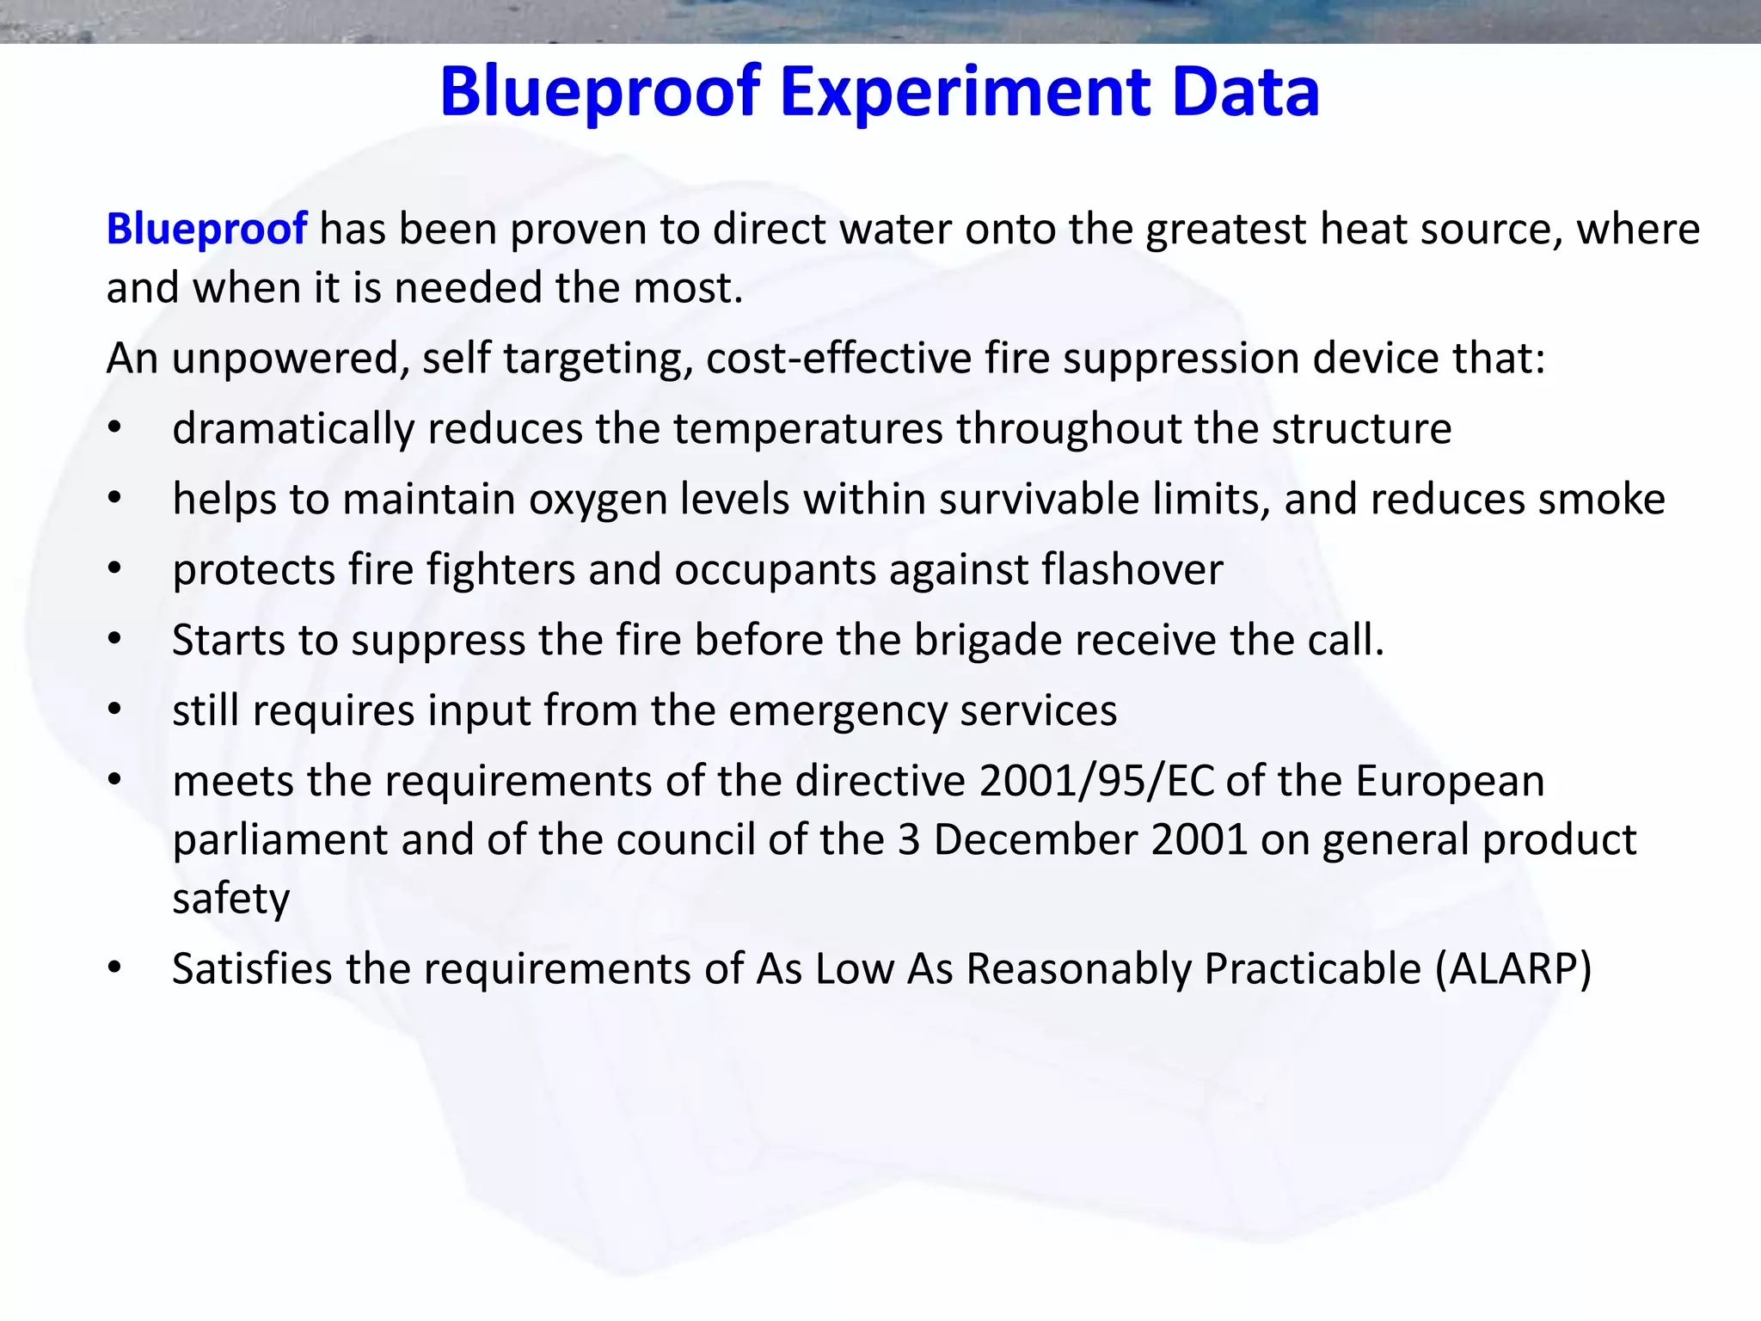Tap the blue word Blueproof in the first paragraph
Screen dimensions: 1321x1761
206,229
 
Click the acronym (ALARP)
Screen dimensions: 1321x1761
1512,969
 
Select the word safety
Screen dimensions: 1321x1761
230,900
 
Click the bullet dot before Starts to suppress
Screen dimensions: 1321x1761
115,640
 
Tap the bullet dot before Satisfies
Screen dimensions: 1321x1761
115,968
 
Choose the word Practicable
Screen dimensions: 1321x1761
1312,969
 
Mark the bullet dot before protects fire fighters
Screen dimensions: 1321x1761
115,569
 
